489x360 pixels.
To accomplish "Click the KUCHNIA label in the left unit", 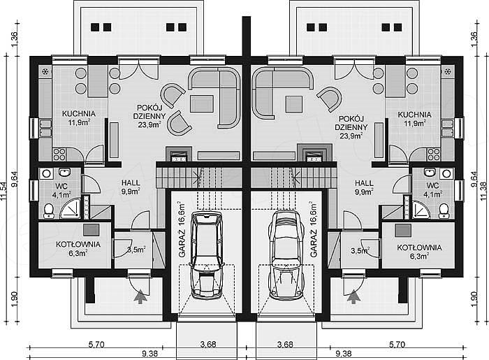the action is [x=78, y=114].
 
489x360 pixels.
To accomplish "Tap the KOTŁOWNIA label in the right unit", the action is [x=419, y=247].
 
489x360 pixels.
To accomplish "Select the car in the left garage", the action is [x=207, y=254].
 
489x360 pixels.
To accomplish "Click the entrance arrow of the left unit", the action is [x=140, y=296].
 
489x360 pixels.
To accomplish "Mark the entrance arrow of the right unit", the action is [x=353, y=296].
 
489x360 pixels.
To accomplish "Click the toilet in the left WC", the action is [x=48, y=211].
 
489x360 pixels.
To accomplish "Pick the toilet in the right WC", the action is [x=444, y=211].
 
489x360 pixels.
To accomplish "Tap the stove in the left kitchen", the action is [x=59, y=154].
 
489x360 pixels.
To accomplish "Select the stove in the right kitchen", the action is [x=434, y=154].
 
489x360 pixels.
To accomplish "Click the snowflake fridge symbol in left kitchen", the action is [x=45, y=72].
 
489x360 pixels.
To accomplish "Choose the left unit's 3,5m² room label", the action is [x=136, y=250].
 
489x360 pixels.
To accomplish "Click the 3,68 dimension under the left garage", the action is [x=208, y=344].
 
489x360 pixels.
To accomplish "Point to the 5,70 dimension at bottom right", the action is [x=397, y=344].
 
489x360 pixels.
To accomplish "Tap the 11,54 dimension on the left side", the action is [x=4, y=191].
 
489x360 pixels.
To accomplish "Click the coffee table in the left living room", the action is [x=202, y=104].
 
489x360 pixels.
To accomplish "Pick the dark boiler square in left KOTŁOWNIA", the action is [x=91, y=229].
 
